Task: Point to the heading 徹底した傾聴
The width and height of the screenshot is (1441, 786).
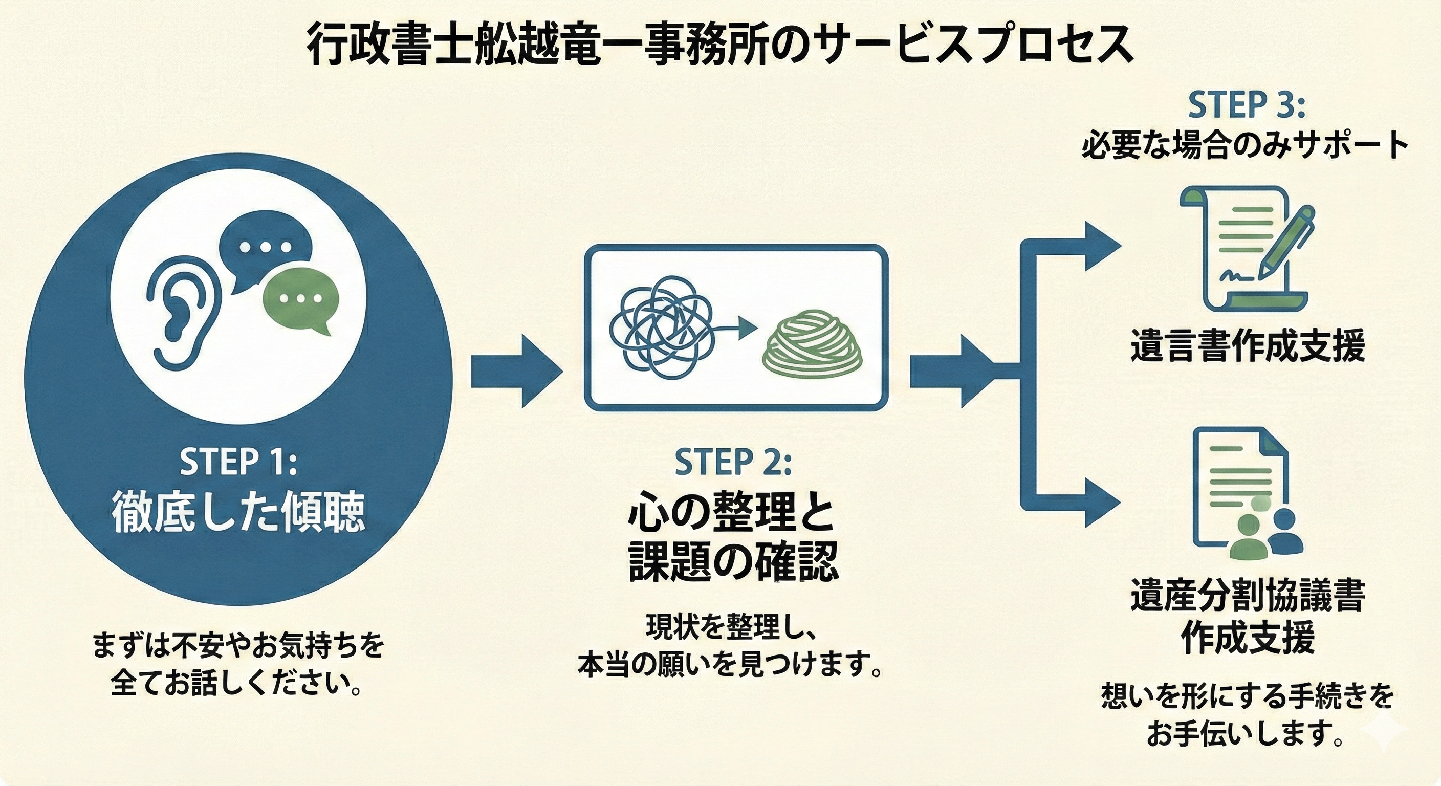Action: tap(238, 511)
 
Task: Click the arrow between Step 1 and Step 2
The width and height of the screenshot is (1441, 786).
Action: tap(515, 372)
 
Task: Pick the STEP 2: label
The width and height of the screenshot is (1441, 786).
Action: tap(733, 462)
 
